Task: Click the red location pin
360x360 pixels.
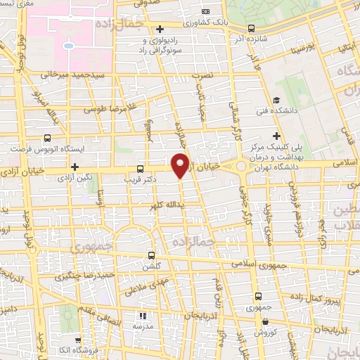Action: point(181,164)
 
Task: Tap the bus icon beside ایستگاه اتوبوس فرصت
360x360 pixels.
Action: point(47,139)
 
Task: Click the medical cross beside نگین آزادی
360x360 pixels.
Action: point(74,167)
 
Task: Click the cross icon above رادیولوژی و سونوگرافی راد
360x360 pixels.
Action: point(161,29)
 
